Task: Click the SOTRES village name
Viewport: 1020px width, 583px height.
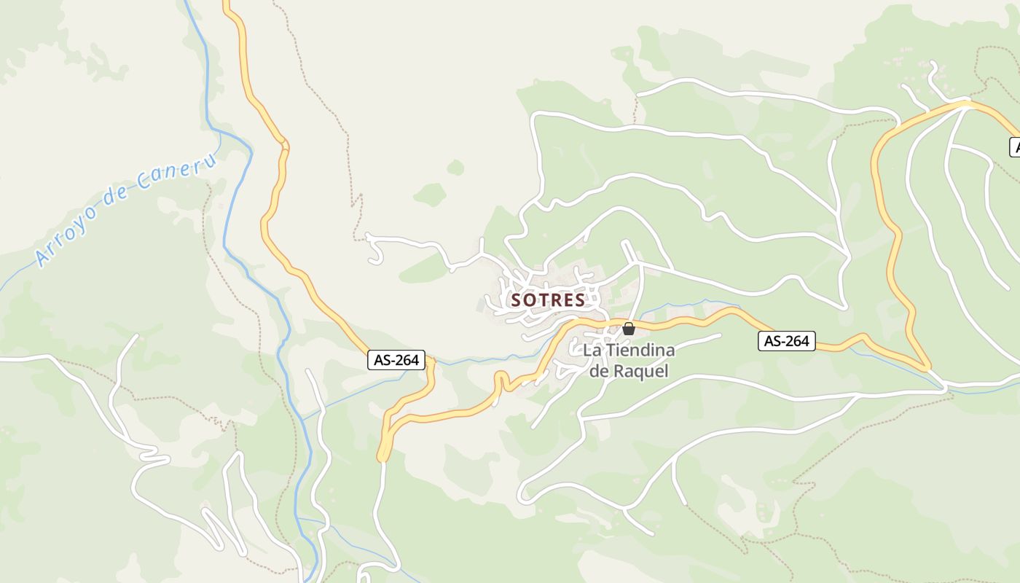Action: coord(548,300)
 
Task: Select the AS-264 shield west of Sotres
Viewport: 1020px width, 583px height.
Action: coord(396,359)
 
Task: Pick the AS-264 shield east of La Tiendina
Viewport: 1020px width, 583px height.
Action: coord(786,340)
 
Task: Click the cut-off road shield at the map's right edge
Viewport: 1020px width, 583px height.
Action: coord(1015,146)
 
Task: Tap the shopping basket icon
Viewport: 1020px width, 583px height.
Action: coord(629,329)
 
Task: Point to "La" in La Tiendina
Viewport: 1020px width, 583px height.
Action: coord(592,351)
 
